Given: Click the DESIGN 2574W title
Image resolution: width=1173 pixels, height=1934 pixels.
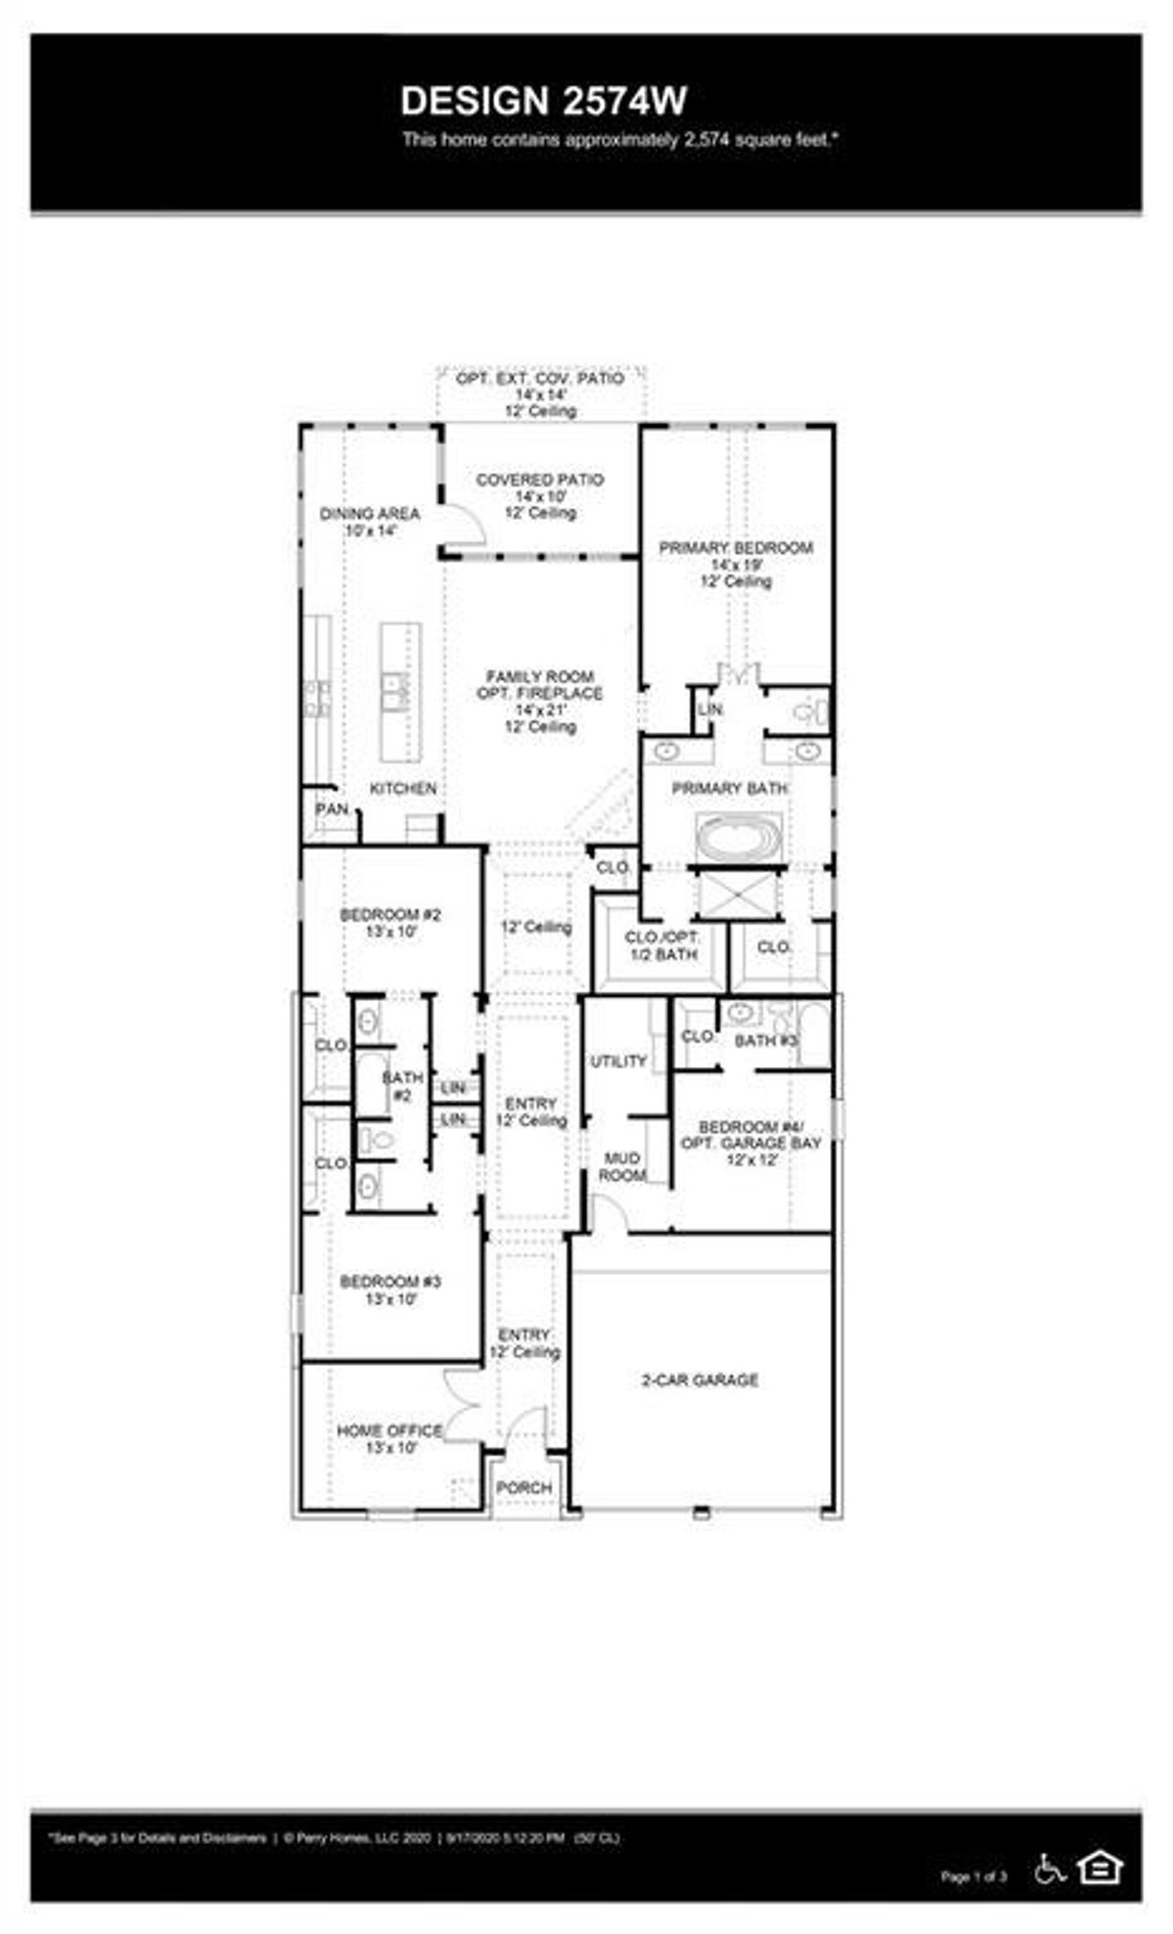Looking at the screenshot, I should (x=543, y=102).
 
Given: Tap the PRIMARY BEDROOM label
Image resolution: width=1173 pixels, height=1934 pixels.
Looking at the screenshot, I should (x=736, y=548).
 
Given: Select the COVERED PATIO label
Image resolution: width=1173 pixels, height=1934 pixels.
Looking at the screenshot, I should (x=540, y=480).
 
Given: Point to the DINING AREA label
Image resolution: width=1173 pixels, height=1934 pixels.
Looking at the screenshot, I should (x=369, y=514).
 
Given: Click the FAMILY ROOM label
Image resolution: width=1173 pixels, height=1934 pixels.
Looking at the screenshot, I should (x=540, y=677).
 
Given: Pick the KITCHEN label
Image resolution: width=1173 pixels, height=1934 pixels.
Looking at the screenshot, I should (x=402, y=788).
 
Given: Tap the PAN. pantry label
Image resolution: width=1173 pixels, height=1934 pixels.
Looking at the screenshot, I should (x=332, y=809).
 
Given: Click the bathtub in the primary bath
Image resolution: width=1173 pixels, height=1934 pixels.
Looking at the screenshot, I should (x=739, y=837).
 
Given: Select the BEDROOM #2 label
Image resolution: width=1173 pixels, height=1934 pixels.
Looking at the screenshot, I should (x=390, y=915).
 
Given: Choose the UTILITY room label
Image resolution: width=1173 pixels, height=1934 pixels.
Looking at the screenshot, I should (x=619, y=1061).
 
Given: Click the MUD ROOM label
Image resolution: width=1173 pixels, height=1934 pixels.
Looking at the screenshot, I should (x=622, y=1167).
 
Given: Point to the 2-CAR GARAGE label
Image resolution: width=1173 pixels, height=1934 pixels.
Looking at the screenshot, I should (x=700, y=1380).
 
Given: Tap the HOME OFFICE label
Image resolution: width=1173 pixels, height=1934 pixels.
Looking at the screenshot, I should (x=389, y=1431).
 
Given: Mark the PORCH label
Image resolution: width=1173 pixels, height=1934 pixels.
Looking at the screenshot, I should (x=524, y=1488).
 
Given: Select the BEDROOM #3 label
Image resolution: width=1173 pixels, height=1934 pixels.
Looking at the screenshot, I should (x=390, y=1281).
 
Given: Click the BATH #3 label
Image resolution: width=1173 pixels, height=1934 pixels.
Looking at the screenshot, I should (x=766, y=1040).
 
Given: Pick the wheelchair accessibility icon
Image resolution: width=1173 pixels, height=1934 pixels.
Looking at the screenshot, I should (x=1049, y=1869).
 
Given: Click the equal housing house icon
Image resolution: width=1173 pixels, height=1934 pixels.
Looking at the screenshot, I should (x=1100, y=1867).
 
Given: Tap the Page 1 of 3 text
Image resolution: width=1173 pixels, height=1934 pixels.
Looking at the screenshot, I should (x=973, y=1876).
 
